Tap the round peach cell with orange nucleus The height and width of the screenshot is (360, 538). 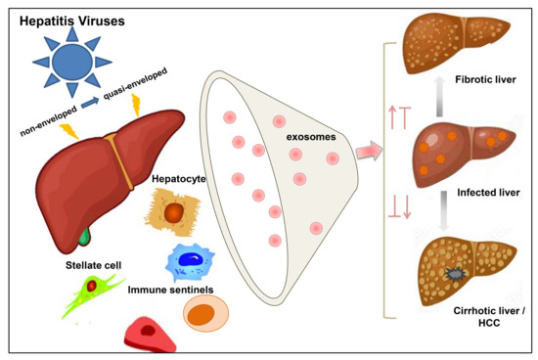[205, 314]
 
